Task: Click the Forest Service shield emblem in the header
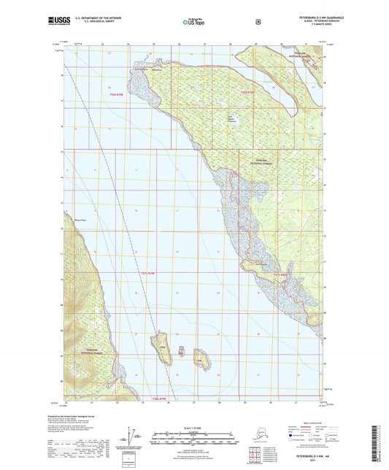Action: (x=258, y=21)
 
